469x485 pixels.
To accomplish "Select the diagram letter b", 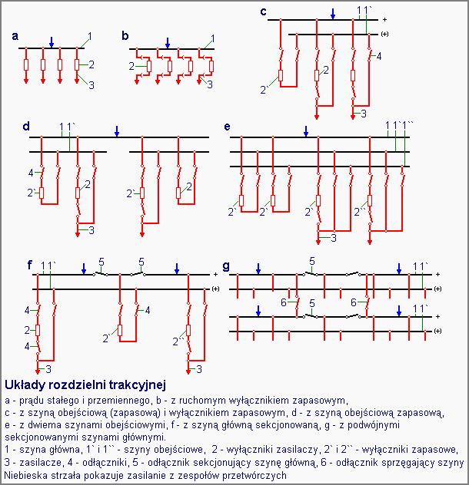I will (125, 36).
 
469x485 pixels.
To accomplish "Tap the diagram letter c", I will (264, 11).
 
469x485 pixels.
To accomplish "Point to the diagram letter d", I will (26, 125).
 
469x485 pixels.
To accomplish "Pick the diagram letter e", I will (227, 125).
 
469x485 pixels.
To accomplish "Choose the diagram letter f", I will (30, 266).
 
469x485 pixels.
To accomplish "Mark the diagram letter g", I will (225, 266).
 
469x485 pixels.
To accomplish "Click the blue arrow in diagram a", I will (51, 42).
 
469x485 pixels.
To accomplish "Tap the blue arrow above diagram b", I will (168, 42).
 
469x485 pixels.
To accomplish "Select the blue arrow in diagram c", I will (333, 14).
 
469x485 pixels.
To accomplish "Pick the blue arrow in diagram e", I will (306, 132).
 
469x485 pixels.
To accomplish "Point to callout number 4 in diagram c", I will (379, 56).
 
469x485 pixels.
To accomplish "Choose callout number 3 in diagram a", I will (91, 85).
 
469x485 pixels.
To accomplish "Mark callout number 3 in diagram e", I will (334, 239).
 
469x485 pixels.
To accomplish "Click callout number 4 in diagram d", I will (31, 173).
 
